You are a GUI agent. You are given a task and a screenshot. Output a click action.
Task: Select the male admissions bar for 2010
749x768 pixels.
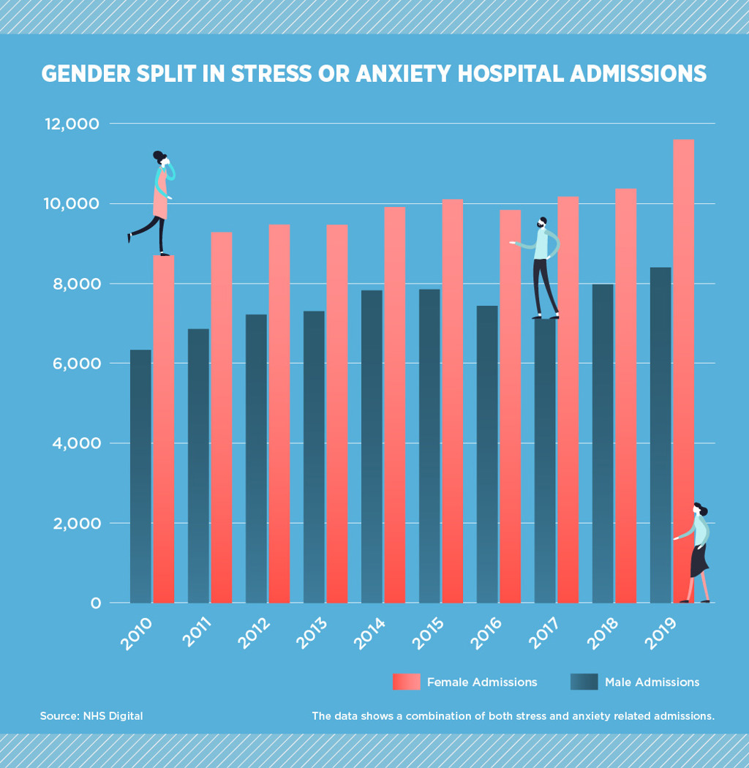pos(140,475)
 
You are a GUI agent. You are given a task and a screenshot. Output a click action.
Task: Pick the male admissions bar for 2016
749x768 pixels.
pos(487,453)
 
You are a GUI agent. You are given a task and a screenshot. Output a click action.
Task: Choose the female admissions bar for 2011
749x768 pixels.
pos(221,417)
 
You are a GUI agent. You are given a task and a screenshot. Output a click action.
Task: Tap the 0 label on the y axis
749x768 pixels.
pos(95,603)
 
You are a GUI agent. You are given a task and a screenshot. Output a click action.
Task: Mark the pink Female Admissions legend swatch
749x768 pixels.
pos(407,682)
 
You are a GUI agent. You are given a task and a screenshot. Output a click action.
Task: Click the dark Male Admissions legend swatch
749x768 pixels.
pos(584,682)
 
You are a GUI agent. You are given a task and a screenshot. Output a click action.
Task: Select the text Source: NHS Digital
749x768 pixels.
pos(91,716)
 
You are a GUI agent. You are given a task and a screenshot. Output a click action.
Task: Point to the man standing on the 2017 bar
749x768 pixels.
pos(542,267)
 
